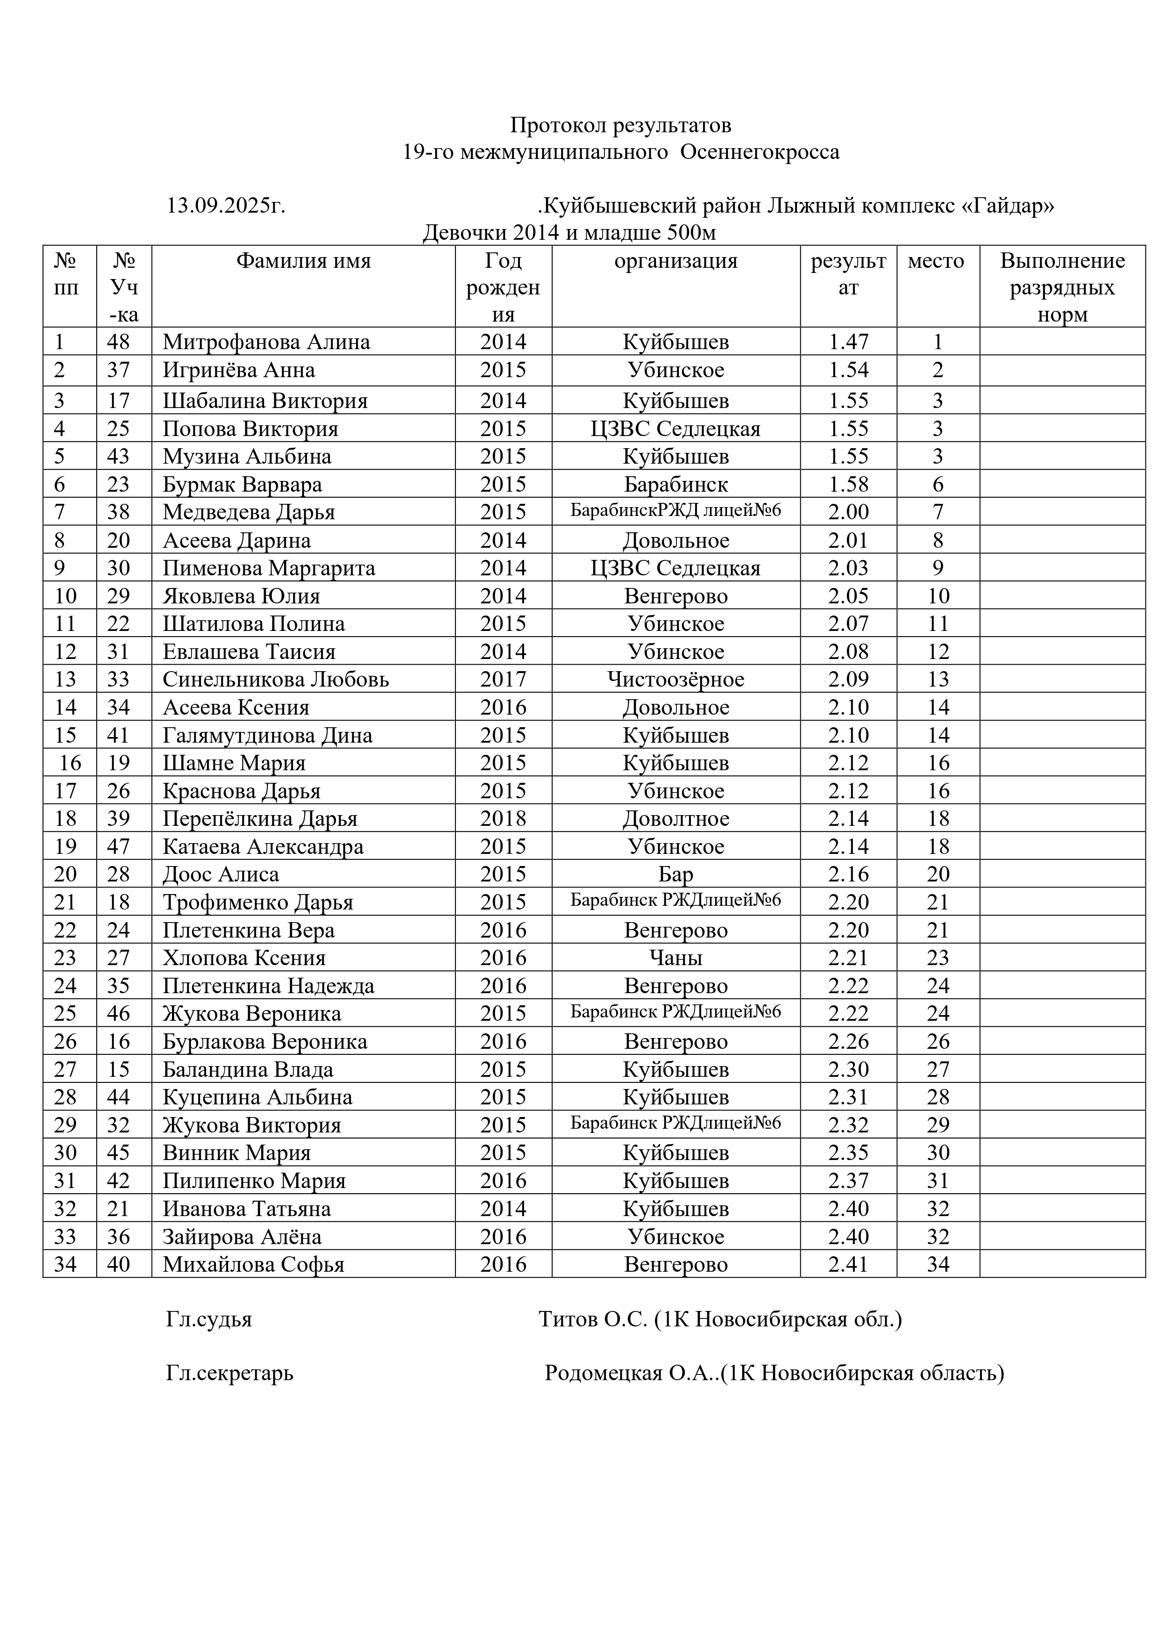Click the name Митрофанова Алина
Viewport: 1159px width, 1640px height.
click(x=266, y=342)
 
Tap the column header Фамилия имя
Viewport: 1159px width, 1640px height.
click(x=304, y=261)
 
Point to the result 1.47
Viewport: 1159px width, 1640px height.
click(x=848, y=342)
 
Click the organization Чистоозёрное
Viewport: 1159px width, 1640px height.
click(x=675, y=679)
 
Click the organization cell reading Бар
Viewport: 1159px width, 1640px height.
click(x=675, y=874)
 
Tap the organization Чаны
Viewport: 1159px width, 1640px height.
click(x=675, y=958)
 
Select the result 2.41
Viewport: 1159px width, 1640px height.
click(x=848, y=1264)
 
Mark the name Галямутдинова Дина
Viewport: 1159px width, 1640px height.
click(x=268, y=735)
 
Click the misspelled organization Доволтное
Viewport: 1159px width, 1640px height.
click(x=675, y=818)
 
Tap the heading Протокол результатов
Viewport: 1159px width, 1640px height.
click(x=620, y=126)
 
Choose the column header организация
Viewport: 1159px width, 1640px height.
click(x=675, y=261)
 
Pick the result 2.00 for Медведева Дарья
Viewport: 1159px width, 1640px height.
click(x=848, y=512)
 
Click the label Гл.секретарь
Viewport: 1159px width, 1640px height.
click(x=229, y=1373)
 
